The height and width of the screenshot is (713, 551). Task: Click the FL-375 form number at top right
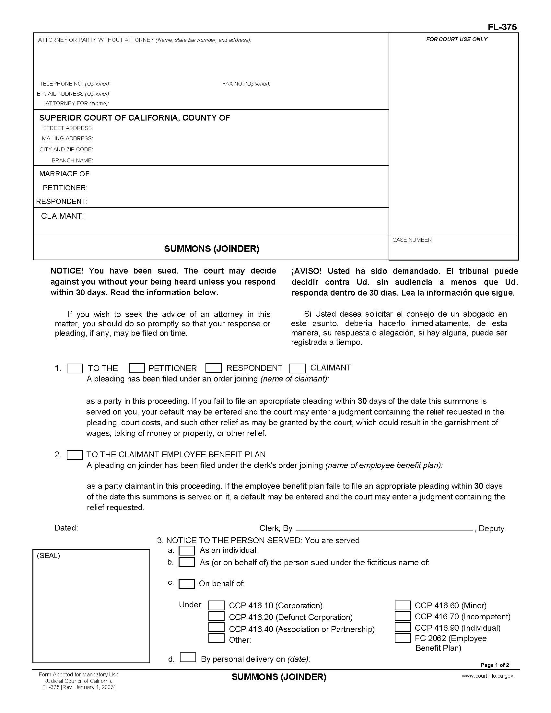(502, 27)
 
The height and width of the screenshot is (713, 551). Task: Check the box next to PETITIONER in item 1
(136, 368)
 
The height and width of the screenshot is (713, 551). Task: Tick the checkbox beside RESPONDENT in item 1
(214, 368)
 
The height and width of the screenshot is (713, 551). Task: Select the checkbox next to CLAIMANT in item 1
(297, 368)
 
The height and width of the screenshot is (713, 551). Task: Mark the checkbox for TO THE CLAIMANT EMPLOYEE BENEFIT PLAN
(75, 455)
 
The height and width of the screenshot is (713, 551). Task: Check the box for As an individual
(187, 550)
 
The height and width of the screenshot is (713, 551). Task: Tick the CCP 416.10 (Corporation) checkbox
(217, 605)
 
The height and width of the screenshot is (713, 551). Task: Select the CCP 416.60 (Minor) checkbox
(403, 605)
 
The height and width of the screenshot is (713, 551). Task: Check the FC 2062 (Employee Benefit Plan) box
(403, 638)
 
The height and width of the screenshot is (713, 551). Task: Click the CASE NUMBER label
(413, 240)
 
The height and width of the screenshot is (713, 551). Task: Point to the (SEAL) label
(48, 555)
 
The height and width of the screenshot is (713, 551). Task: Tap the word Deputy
(491, 529)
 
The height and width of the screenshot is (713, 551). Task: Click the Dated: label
(66, 528)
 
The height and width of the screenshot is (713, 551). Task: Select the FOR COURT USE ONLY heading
(456, 39)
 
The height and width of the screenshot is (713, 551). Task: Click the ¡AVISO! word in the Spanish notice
(307, 271)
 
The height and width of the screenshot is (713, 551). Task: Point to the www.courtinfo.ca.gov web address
(488, 676)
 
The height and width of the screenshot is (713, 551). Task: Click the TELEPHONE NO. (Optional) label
(75, 84)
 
